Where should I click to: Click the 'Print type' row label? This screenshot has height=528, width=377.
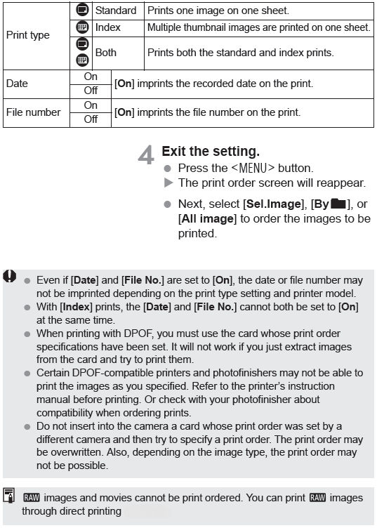(x=27, y=34)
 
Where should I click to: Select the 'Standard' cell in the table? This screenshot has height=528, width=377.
(x=115, y=11)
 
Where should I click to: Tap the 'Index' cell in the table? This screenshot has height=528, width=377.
(x=108, y=28)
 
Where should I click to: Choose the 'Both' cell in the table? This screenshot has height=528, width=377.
(x=106, y=53)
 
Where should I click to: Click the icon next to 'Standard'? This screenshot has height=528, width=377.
(x=81, y=11)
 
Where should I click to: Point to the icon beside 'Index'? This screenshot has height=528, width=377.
(x=81, y=27)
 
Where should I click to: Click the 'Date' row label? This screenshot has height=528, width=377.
(x=17, y=84)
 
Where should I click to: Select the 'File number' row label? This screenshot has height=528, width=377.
(x=33, y=112)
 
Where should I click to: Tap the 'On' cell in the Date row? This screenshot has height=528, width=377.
(x=91, y=76)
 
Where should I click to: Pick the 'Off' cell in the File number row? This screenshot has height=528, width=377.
(x=91, y=119)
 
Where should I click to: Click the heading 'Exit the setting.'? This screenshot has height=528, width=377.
(x=211, y=151)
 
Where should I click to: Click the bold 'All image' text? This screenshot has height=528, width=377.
(x=207, y=218)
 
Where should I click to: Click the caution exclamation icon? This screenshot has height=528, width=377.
(x=9, y=277)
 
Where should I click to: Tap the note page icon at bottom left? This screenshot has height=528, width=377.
(x=8, y=494)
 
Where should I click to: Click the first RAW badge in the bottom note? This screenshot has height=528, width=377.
(x=31, y=498)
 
